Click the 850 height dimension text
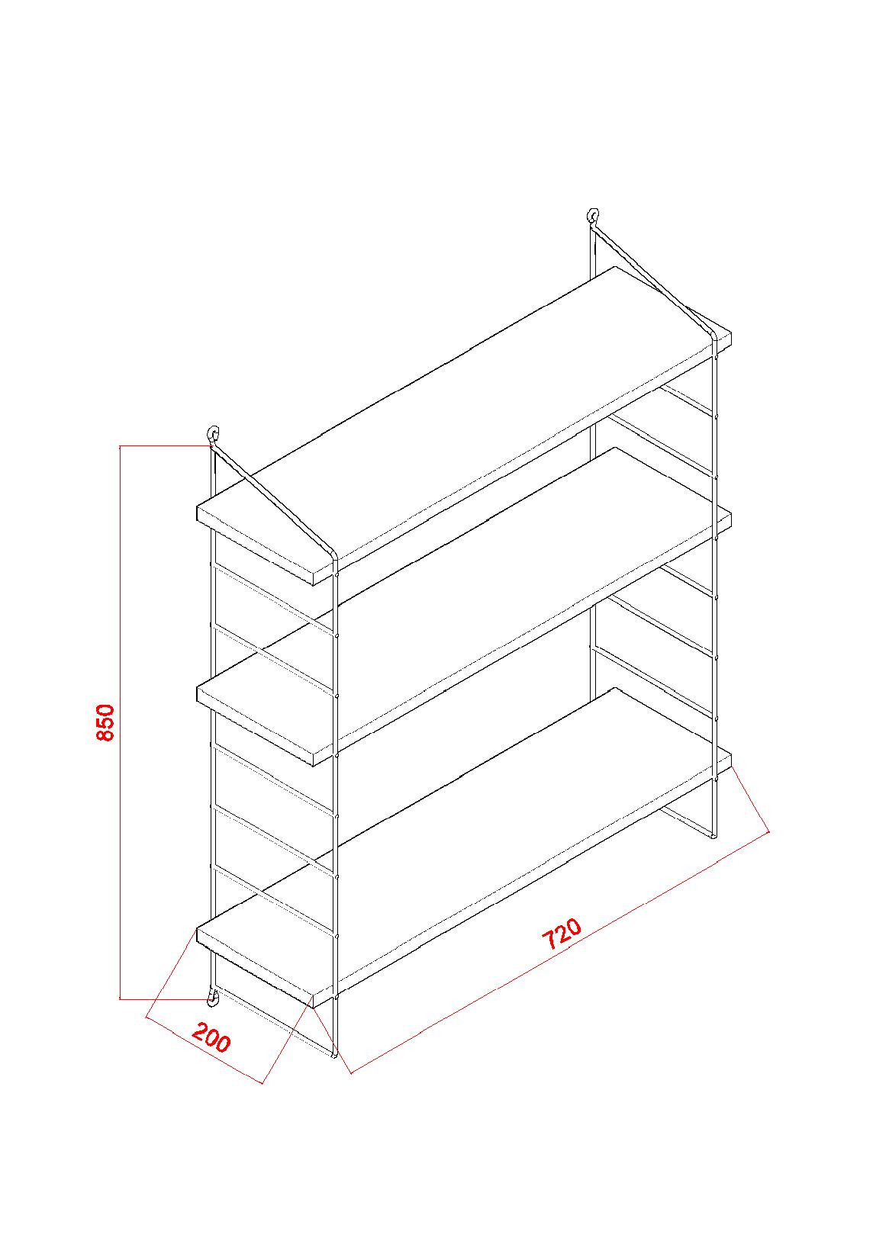105,722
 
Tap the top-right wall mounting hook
593,216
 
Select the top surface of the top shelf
464,414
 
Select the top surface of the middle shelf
464,595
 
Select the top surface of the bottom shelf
464,835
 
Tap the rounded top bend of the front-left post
333,555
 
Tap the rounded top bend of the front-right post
713,335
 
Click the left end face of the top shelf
256,546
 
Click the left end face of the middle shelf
256,727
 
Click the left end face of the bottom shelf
256,968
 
